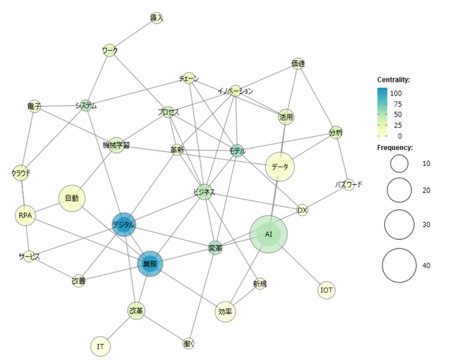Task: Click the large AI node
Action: [268, 234]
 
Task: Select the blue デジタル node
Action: [123, 225]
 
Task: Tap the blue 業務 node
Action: [150, 264]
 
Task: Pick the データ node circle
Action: [280, 167]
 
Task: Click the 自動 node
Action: [72, 198]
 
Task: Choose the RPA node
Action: [25, 216]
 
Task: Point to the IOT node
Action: [326, 290]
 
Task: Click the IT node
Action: [100, 346]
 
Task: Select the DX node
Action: [302, 210]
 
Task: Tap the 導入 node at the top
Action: [156, 17]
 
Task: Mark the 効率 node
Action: [225, 311]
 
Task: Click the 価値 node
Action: [298, 63]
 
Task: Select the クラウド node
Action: [21, 172]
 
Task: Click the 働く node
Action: [188, 343]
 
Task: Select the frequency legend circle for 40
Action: [399, 265]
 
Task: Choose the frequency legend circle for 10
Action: [399, 163]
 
